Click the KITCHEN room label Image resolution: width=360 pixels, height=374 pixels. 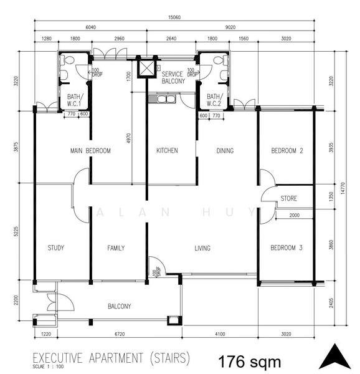pyautogui.click(x=167, y=150)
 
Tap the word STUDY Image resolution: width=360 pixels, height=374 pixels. pyautogui.click(x=56, y=248)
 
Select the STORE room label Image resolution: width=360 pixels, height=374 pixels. pyautogui.click(x=289, y=198)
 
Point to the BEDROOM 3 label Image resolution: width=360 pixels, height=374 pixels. pyautogui.click(x=287, y=248)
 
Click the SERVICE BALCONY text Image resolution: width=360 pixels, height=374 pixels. pyautogui.click(x=173, y=77)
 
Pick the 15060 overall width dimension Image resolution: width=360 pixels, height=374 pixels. pyautogui.click(x=174, y=17)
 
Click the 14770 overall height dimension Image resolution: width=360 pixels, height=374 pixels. pyautogui.click(x=343, y=188)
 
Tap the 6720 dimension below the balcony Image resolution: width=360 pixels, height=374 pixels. pyautogui.click(x=120, y=334)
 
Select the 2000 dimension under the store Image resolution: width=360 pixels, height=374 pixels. pyautogui.click(x=295, y=215)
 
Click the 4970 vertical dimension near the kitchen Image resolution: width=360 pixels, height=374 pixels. pyautogui.click(x=129, y=138)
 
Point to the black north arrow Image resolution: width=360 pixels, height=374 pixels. pyautogui.click(x=335, y=357)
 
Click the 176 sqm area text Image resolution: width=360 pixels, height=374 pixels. pyautogui.click(x=250, y=362)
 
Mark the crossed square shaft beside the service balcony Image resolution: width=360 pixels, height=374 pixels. pyautogui.click(x=147, y=68)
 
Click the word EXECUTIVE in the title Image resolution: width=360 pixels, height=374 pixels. pyautogui.click(x=58, y=358)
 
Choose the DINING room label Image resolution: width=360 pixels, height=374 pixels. pyautogui.click(x=225, y=151)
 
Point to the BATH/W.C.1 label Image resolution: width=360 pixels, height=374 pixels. pyautogui.click(x=75, y=100)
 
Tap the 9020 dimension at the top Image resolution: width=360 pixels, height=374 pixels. pyautogui.click(x=230, y=27)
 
